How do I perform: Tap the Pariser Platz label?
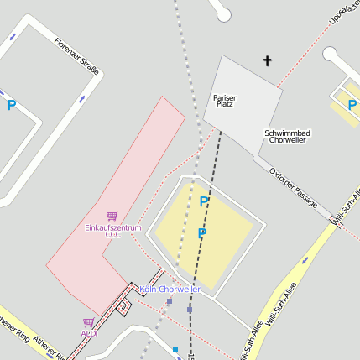coord(225,101)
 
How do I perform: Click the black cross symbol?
coord(268,60)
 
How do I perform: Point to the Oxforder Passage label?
coord(294,185)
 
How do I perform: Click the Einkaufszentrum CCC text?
coord(113,231)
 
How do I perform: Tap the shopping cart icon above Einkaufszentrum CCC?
coord(112,217)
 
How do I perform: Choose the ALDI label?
coord(89,333)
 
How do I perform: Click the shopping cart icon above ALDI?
coord(88,321)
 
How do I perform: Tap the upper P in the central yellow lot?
coord(204,202)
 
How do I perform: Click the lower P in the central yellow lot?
coord(201,233)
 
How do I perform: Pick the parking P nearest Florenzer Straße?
coord(12,106)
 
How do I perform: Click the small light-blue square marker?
coord(175,349)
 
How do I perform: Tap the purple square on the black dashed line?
coord(190,309)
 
